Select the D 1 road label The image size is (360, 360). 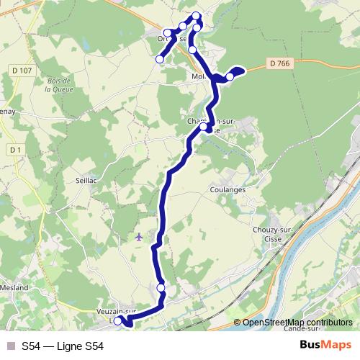coord(12,149)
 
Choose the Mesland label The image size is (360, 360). coord(13,288)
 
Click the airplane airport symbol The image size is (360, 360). coord(139,235)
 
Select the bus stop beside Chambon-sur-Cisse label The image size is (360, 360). coord(204,127)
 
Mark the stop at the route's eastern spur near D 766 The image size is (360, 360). coord(230,76)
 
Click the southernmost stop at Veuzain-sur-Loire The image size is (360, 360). coord(118,321)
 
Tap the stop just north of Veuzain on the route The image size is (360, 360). coord(161,288)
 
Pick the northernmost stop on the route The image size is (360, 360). coord(197,16)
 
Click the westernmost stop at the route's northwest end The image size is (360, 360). coord(160,59)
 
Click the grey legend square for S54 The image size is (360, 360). coord(9,346)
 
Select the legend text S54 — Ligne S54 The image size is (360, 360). coord(63,346)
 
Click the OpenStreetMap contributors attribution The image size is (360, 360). coord(297,322)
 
